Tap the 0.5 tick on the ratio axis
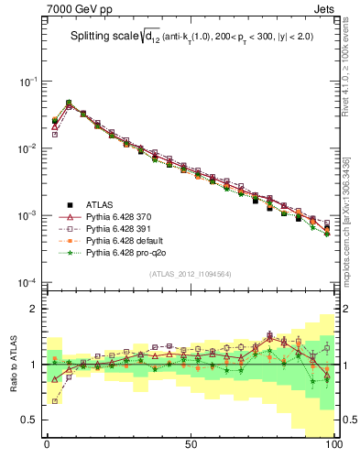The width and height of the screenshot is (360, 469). click(29, 420)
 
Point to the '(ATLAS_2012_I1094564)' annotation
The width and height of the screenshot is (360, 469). click(190, 274)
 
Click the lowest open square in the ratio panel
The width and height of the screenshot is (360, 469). click(55, 400)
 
